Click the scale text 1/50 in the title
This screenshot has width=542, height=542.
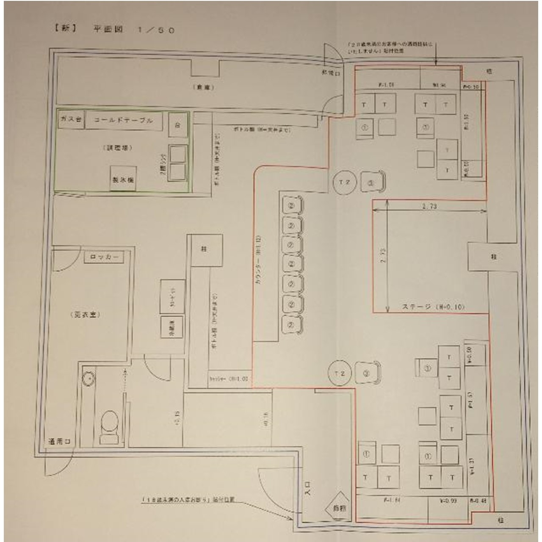tap(156, 30)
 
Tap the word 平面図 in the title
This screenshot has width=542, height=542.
tap(108, 30)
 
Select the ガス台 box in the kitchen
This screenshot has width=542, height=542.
tap(71, 120)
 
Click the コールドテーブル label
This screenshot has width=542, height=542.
tap(123, 120)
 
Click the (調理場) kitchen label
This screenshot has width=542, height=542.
tap(117, 148)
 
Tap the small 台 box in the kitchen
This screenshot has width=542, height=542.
tap(178, 125)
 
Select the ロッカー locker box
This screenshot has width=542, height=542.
tap(104, 257)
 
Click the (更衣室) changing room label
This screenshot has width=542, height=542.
tap(84, 315)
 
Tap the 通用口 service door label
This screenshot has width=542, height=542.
tap(59, 441)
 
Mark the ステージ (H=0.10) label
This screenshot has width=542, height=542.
tap(432, 307)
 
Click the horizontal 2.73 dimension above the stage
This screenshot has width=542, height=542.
tap(429, 206)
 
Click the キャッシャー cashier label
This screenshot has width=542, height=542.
tap(228, 379)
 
